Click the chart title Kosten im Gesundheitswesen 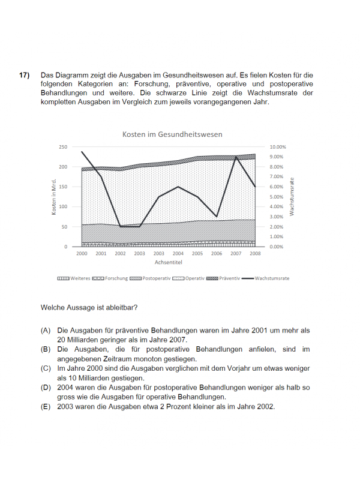click(x=172, y=134)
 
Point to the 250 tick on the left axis click(x=63, y=146)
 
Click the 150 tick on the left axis click(x=63, y=187)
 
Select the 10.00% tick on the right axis click(x=278, y=146)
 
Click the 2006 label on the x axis click(x=217, y=254)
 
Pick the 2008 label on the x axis click(x=255, y=254)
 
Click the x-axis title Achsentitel click(x=168, y=262)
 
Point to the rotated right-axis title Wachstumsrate click(x=292, y=197)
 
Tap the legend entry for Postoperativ click(x=153, y=279)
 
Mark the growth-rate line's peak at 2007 click(x=236, y=157)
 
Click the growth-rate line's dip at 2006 click(x=217, y=217)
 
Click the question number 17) click(x=24, y=75)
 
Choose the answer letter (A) click(x=46, y=331)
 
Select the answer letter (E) click(x=46, y=406)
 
